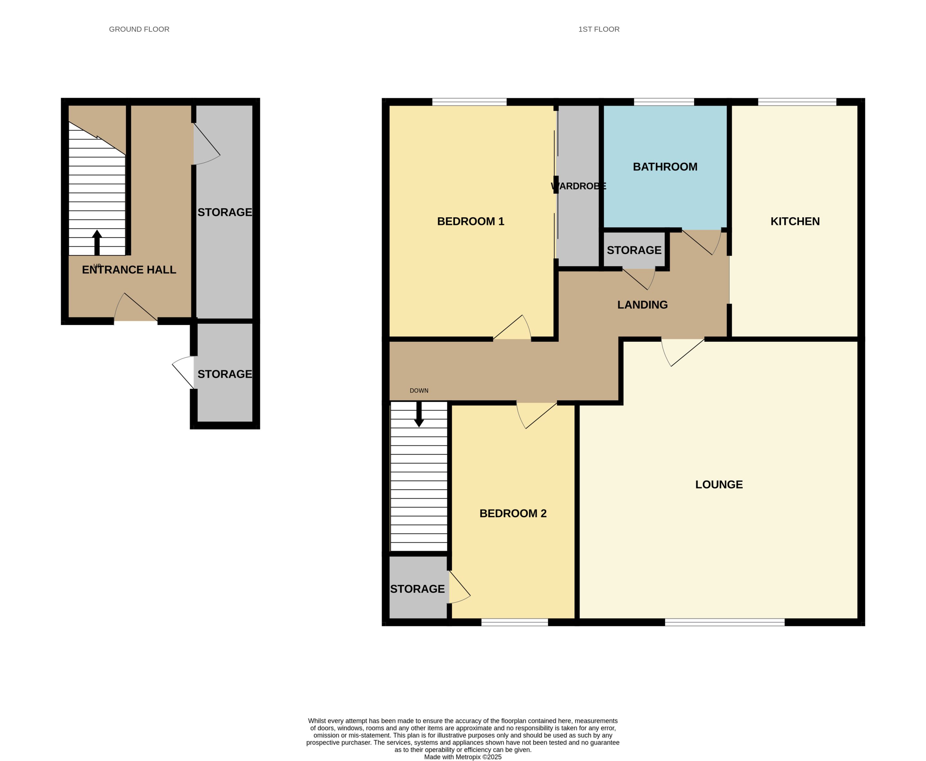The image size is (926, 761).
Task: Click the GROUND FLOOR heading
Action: pyautogui.click(x=139, y=29)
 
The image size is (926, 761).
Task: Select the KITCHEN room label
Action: pyautogui.click(x=795, y=222)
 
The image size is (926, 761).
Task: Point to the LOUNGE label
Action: pyautogui.click(x=719, y=485)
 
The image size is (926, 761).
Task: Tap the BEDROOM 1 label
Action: pyautogui.click(x=470, y=222)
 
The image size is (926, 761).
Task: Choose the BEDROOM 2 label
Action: pyautogui.click(x=513, y=513)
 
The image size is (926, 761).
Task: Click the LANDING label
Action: pyautogui.click(x=642, y=305)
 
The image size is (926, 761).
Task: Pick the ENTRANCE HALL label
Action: pyautogui.click(x=129, y=270)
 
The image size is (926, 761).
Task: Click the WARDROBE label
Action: pyautogui.click(x=578, y=186)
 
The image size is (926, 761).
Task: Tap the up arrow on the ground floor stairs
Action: pyautogui.click(x=97, y=242)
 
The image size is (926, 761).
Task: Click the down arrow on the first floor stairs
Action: pyautogui.click(x=419, y=414)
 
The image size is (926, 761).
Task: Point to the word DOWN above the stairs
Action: pyautogui.click(x=419, y=391)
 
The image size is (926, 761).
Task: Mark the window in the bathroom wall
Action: pyautogui.click(x=664, y=102)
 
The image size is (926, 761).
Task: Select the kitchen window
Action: pyautogui.click(x=797, y=102)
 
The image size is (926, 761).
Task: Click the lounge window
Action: pyautogui.click(x=725, y=622)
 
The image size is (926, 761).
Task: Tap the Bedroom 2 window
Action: pyautogui.click(x=515, y=622)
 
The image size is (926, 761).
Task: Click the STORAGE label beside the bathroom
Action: pyautogui.click(x=634, y=250)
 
